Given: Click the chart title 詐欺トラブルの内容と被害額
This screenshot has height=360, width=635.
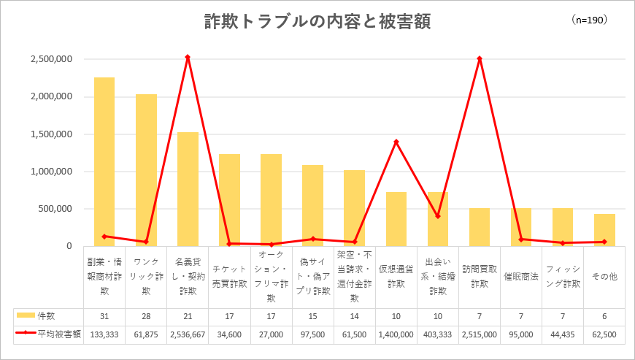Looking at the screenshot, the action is point(317,22).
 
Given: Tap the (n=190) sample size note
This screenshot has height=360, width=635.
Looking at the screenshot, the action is point(590,20).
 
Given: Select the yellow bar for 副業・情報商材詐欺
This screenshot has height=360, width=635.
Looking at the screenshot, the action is point(104,161).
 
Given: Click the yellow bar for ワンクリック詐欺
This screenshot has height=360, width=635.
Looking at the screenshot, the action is point(146,170).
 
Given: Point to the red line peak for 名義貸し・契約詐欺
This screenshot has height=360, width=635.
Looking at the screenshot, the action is point(188,57).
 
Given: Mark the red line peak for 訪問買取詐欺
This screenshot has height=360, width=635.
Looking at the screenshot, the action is point(480,58).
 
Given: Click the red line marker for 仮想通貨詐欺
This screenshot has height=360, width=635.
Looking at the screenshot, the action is point(396,142).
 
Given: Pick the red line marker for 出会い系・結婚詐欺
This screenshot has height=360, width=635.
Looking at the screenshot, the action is point(438,216).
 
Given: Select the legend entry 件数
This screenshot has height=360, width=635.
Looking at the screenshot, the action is point(36,316).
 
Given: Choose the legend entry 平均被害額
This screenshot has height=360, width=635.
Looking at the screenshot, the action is point(48,334).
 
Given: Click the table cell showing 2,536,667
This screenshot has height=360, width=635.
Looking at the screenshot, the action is point(188,335).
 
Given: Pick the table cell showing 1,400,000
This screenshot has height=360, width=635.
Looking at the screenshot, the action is point(396,335).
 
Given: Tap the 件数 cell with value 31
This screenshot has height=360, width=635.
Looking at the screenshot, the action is point(104,316).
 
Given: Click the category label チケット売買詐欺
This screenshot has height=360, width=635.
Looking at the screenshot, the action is point(230,277).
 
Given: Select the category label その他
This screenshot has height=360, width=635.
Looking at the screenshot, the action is point(604,277).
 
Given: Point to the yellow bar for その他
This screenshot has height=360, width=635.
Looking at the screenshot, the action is point(604,230).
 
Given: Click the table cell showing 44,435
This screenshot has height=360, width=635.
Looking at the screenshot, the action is point(563,335).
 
